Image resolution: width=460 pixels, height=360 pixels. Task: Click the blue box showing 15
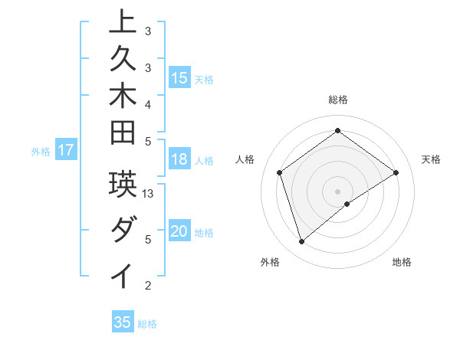179,78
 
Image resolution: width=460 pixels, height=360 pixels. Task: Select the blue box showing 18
179,160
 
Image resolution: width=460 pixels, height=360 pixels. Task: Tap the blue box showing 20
179,232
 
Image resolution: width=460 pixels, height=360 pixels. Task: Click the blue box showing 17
66,151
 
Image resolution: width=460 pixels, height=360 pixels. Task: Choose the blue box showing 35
123,322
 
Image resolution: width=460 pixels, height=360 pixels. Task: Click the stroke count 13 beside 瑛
149,194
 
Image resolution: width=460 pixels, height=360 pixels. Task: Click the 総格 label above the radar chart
337,100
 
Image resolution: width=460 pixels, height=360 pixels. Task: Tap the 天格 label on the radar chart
432,159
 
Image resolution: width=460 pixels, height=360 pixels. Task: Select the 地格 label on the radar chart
402,263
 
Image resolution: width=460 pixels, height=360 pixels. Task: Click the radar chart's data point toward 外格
301,242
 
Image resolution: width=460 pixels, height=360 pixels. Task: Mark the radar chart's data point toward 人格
280,172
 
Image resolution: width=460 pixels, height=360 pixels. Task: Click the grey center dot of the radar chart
337,191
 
